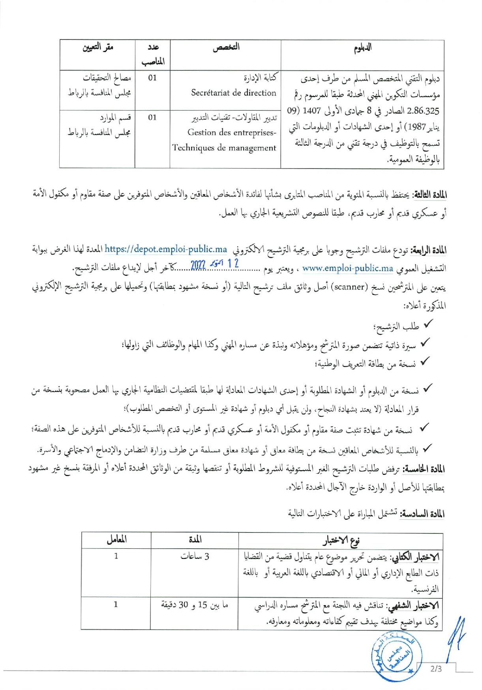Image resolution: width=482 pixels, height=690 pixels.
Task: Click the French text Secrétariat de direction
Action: click(x=234, y=93)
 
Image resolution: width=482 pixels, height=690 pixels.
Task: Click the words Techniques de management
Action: click(x=224, y=148)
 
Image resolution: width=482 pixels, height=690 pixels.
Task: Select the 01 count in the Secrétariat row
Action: click(x=152, y=78)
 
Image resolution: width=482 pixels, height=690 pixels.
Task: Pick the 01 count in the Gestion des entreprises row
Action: click(x=152, y=117)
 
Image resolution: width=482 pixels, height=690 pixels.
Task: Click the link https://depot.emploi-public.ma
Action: click(x=166, y=249)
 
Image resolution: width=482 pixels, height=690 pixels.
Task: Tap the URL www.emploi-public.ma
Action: click(x=348, y=269)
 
